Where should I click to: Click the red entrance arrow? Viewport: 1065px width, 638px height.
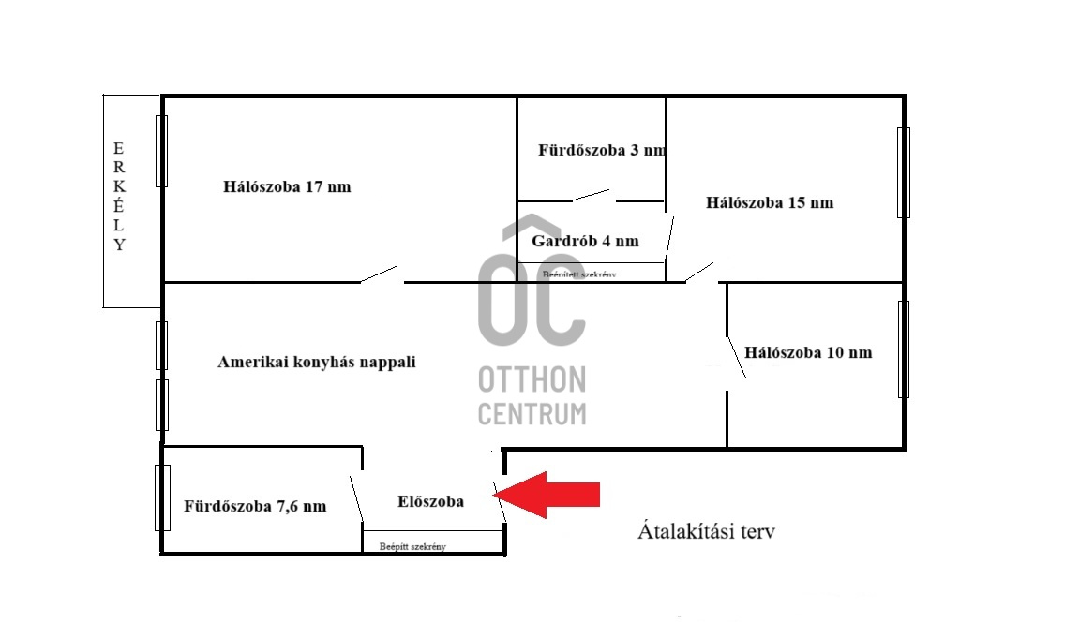click(546, 495)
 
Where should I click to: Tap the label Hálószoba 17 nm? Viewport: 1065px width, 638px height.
click(287, 186)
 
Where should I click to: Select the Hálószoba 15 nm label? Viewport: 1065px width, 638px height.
click(770, 202)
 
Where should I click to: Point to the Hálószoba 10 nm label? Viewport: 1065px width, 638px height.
click(808, 352)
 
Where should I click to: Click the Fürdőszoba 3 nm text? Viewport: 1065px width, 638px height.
click(602, 150)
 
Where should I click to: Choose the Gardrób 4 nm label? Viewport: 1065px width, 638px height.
click(586, 240)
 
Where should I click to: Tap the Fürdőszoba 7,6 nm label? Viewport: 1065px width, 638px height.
click(255, 506)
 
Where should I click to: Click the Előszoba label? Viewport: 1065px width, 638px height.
click(430, 501)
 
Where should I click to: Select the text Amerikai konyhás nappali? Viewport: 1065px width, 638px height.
click(317, 362)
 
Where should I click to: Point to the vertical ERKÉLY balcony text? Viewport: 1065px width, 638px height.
click(120, 196)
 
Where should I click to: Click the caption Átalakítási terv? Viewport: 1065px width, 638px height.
click(706, 531)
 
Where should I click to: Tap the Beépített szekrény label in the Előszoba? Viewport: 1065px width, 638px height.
click(412, 546)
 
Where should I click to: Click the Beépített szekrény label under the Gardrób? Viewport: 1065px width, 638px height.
click(579, 274)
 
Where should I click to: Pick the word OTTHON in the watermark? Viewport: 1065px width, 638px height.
click(532, 379)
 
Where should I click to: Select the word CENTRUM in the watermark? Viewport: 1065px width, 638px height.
click(532, 413)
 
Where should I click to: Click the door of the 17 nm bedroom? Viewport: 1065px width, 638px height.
click(379, 274)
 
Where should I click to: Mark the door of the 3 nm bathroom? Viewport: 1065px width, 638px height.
click(591, 196)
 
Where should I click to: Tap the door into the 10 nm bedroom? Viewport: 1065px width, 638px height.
click(736, 358)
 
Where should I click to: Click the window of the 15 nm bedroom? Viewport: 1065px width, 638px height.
click(904, 172)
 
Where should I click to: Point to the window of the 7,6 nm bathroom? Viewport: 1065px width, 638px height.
click(162, 497)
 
